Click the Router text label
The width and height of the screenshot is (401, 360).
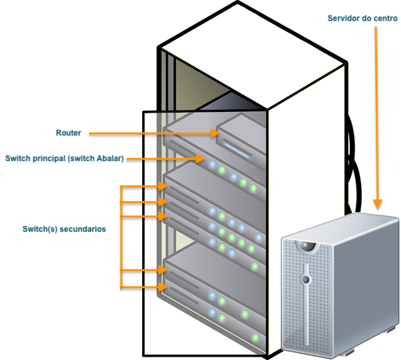point(68,133)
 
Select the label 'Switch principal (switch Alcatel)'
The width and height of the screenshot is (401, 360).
point(64,158)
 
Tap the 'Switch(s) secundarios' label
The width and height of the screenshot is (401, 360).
point(64,230)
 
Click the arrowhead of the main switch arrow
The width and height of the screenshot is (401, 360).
point(202,158)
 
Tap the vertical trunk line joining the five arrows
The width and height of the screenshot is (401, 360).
point(121,236)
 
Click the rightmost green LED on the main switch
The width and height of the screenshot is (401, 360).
point(254,188)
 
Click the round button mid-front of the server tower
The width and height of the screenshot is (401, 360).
point(305,279)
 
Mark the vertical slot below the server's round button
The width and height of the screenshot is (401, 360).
point(307,314)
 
